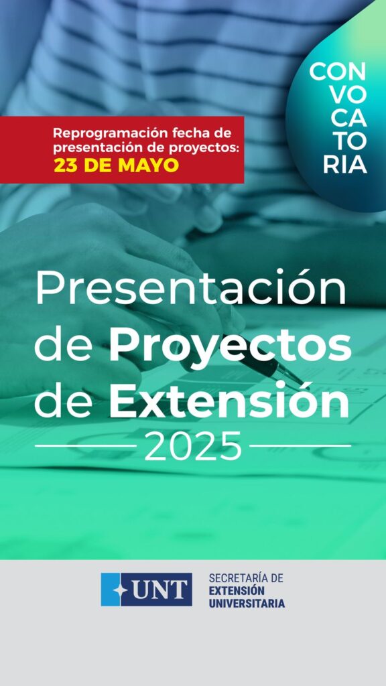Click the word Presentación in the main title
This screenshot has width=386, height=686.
[x=190, y=287]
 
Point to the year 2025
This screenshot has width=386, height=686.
[x=192, y=445]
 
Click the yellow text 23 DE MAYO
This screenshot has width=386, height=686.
[x=116, y=165]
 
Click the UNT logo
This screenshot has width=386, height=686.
[x=146, y=590]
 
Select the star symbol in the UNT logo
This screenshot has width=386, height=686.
[x=120, y=590]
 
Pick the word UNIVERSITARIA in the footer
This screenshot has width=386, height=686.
[x=247, y=604]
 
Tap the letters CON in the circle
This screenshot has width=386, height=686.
[x=338, y=72]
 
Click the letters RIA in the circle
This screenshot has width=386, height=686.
[x=345, y=165]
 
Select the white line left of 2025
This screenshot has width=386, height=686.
[x=85, y=445]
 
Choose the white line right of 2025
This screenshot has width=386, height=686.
[x=300, y=445]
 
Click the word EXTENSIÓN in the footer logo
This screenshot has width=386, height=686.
[x=237, y=591]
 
